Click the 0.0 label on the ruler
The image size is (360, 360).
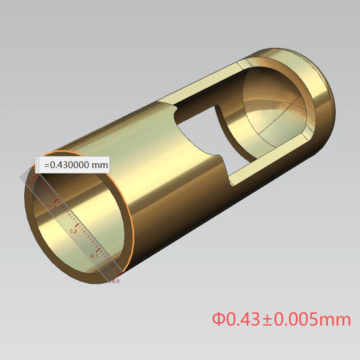pos(115,281)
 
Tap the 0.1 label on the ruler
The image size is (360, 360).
pos(94,256)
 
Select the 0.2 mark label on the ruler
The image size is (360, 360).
pos(73,231)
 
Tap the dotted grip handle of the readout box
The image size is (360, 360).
pos(38,165)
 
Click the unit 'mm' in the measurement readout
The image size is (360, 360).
pos(100,165)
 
